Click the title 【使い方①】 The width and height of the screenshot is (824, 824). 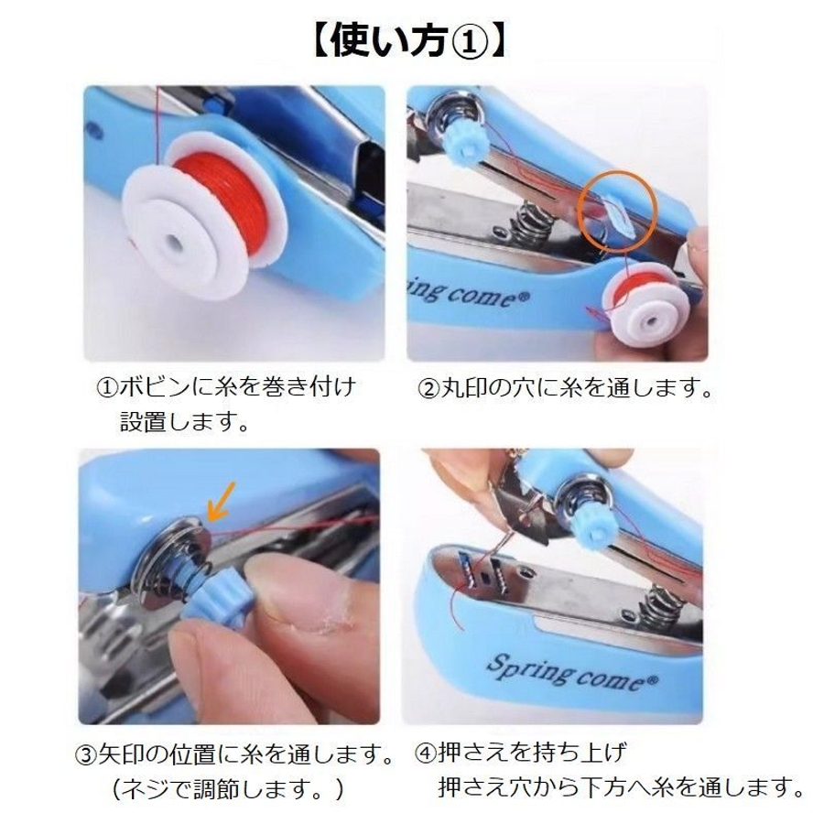click(410, 42)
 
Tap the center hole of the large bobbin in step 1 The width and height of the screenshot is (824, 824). click(173, 244)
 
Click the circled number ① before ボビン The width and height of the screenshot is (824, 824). click(107, 388)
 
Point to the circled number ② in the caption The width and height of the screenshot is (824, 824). click(428, 389)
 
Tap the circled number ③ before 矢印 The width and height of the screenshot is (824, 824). click(86, 755)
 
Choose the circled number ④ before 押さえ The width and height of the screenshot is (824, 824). click(426, 754)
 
